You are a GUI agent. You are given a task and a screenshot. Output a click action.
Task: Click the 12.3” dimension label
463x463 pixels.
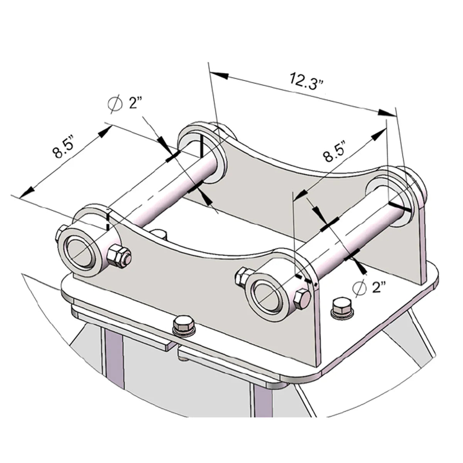(306, 81)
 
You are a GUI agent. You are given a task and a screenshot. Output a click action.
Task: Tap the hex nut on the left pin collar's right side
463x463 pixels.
(119, 256)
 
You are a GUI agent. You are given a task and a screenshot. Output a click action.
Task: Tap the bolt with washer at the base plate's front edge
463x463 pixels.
(183, 327)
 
